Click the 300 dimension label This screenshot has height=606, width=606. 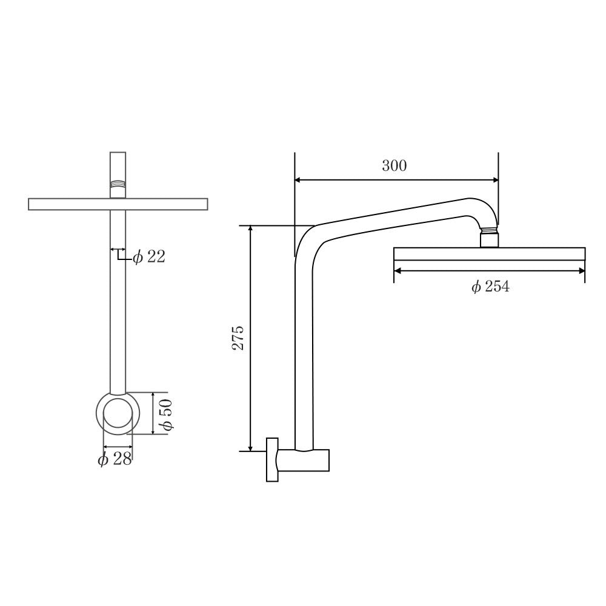coord(394,166)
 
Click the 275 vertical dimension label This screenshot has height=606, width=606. coord(239,338)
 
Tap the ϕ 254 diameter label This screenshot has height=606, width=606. coord(490,287)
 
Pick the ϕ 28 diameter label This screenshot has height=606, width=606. coord(115,459)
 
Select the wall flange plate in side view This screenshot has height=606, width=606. coord(271,460)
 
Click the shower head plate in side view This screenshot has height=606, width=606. coord(490,254)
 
